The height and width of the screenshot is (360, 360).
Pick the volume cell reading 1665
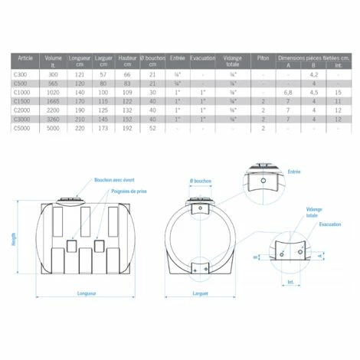pos(54,101)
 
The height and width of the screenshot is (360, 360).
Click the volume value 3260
pos(54,119)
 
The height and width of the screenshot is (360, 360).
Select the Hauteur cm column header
pos(127,60)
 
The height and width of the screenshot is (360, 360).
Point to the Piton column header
pos(263,57)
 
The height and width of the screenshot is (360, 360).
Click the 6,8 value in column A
pos(288,92)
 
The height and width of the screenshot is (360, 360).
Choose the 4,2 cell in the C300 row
pos(313,74)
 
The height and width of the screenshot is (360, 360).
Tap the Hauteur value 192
pos(127,128)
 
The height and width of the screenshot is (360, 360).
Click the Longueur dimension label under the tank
pos(87,292)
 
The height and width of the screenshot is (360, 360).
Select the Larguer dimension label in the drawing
pos(201,293)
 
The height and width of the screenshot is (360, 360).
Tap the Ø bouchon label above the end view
pos(201,182)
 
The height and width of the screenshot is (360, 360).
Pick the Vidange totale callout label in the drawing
pos(315,212)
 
